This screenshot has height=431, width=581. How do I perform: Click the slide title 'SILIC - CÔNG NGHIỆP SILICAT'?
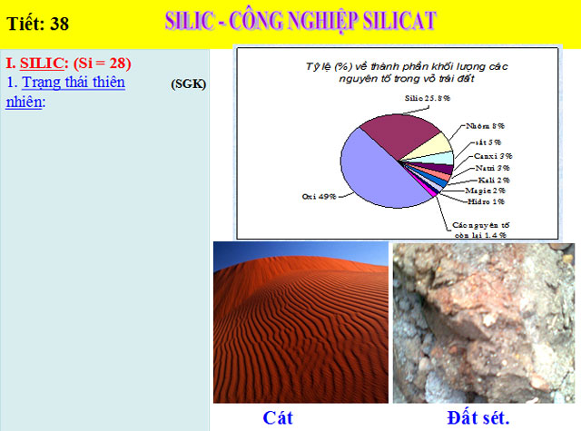(313, 21)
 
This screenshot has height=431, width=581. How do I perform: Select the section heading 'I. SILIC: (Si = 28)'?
(69, 63)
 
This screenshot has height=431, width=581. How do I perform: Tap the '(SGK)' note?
(189, 83)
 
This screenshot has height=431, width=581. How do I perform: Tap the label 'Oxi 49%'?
(319, 195)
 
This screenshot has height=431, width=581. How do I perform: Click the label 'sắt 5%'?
(489, 142)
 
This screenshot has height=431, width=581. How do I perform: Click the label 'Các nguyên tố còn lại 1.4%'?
(480, 228)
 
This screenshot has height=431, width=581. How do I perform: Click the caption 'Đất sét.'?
(478, 417)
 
